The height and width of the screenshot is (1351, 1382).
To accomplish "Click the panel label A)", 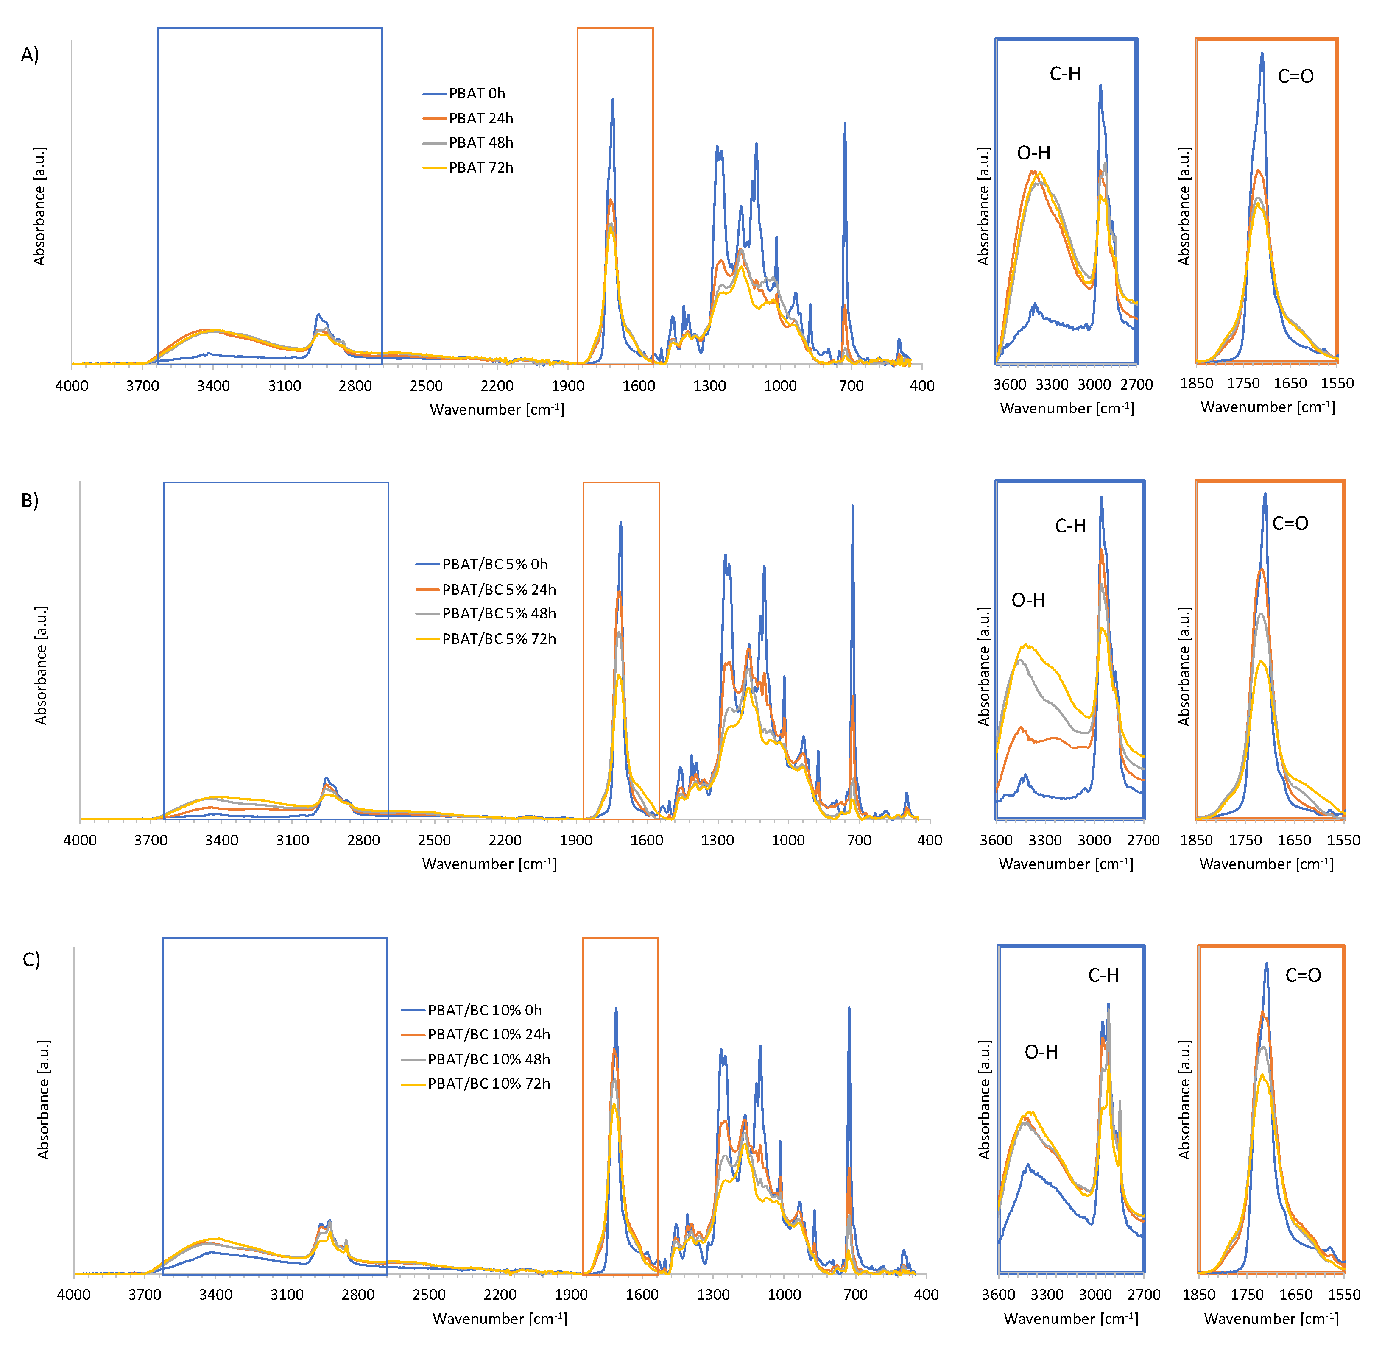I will point(30,55).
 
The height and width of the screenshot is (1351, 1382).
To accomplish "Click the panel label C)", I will point(31,959).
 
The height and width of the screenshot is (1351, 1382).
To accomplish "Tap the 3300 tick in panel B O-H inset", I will point(1045,840).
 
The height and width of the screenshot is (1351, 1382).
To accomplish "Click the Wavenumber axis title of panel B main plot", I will point(489,864).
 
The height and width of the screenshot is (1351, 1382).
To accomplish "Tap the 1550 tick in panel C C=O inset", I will point(1344,1294).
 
